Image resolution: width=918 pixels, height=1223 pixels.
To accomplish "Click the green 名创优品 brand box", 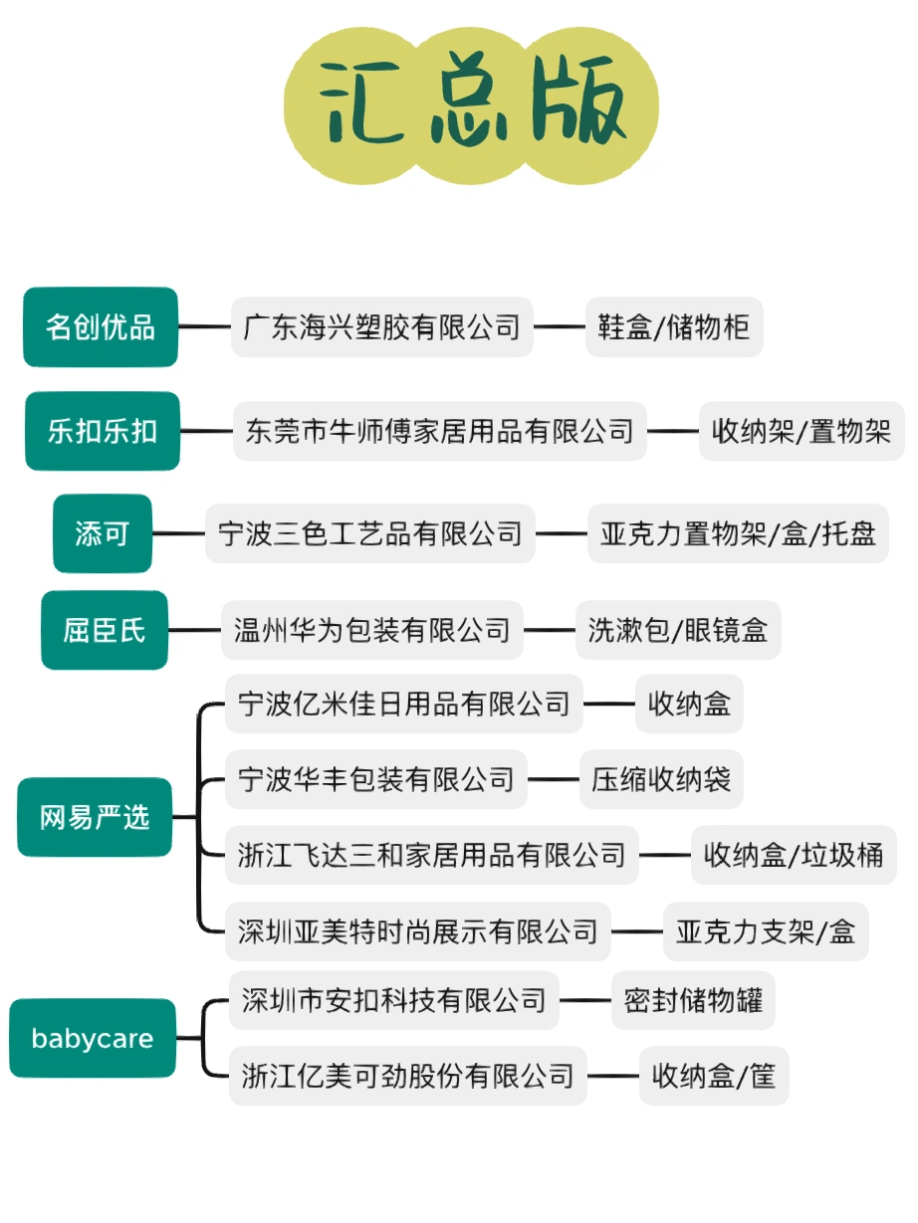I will click(101, 327).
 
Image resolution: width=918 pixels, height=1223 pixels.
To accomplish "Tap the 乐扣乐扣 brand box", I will click(102, 431).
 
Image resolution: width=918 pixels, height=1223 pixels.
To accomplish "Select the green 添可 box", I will click(103, 533).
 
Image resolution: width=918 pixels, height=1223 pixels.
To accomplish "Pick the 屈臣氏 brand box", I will click(105, 630).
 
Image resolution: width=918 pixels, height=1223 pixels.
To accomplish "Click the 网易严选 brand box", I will click(95, 818).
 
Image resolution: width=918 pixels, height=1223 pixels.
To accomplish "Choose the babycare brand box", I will click(93, 1039).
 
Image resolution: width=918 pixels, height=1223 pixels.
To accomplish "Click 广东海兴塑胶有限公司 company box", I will click(382, 327).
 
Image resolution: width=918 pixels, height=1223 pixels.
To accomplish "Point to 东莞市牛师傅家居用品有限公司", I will click(439, 431).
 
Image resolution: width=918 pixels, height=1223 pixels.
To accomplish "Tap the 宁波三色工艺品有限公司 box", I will click(370, 533).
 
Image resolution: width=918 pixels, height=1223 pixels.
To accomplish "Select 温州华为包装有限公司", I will click(372, 630).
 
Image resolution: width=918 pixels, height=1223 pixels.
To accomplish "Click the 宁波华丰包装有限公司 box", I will click(376, 779).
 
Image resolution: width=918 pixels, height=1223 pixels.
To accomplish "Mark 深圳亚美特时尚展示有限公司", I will click(418, 931).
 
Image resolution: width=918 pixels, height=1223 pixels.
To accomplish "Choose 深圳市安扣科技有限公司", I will click(394, 1000).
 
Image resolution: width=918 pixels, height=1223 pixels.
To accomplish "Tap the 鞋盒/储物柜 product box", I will click(674, 327).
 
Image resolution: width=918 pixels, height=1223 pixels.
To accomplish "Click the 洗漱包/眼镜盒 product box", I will click(678, 630).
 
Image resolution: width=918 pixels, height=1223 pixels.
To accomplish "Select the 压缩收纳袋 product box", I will click(661, 779).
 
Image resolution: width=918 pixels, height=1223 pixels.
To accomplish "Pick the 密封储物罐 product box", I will click(693, 1000).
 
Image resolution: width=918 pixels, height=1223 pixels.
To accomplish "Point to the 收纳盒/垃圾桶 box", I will click(794, 855).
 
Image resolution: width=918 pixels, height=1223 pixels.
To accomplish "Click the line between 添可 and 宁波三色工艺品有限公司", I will click(179, 533).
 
